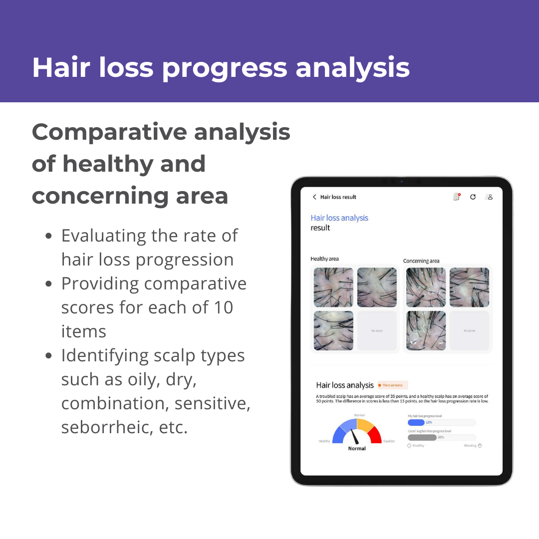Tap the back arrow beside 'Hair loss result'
click(x=314, y=197)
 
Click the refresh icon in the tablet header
click(x=473, y=197)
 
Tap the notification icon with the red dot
click(x=456, y=197)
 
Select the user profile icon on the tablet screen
click(x=490, y=197)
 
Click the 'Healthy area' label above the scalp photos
click(x=324, y=259)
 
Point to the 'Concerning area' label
click(x=421, y=261)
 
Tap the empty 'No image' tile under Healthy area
click(x=377, y=330)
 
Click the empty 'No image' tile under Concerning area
click(x=469, y=330)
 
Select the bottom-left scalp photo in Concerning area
click(x=426, y=330)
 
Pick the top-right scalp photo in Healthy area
click(x=377, y=287)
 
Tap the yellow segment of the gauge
click(x=365, y=425)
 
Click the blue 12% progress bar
click(x=416, y=422)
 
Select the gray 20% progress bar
click(x=422, y=437)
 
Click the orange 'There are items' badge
click(x=393, y=385)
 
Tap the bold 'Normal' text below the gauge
click(x=357, y=449)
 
